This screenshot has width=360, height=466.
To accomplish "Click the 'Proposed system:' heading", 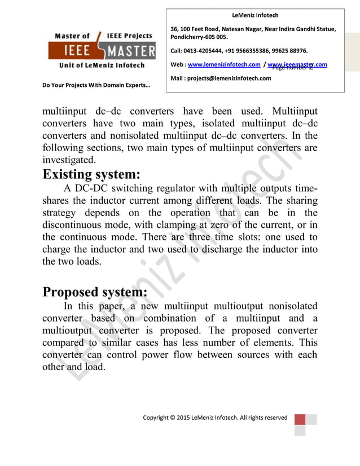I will click(95, 292).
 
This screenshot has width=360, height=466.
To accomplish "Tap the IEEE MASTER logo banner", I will click(104, 52).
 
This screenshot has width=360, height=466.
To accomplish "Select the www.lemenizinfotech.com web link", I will click(223, 65).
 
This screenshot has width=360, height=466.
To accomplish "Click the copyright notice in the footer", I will click(215, 418).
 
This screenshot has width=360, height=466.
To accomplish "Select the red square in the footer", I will click(300, 420).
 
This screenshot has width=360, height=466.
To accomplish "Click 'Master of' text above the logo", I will click(72, 36).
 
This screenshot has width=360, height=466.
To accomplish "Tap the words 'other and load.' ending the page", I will click(74, 368).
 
